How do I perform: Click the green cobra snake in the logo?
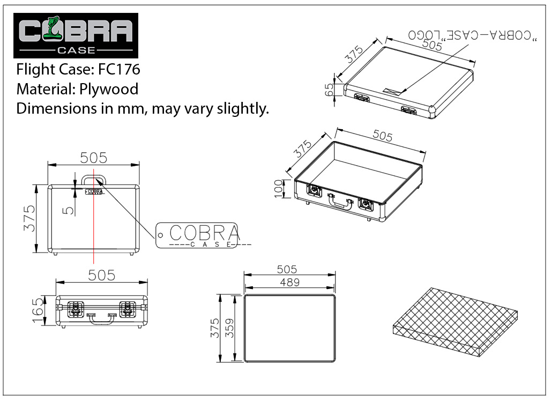coord(53,28)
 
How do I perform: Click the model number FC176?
coord(119,69)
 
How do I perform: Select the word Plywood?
coord(109,90)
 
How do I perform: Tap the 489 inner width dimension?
coord(289,282)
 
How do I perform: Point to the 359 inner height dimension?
coord(229,328)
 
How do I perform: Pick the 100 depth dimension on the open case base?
coord(278,189)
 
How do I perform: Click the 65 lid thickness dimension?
coord(329,90)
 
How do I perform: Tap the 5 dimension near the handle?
coord(69,210)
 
